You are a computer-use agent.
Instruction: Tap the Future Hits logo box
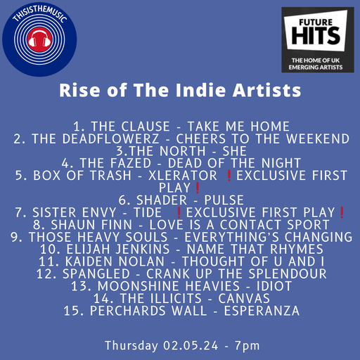317,41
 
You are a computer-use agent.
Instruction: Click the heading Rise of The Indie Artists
180,91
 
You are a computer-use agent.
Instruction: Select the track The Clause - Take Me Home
181,127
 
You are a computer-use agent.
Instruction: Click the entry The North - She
180,151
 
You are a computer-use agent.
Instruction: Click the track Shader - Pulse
181,200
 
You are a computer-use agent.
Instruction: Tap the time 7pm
245,345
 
